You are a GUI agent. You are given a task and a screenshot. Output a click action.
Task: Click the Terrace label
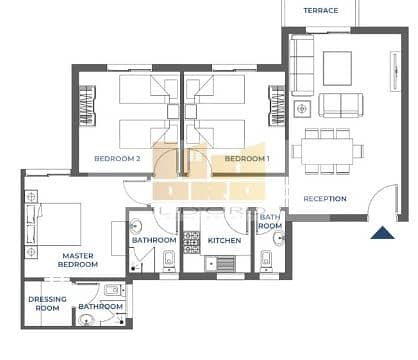click(321, 11)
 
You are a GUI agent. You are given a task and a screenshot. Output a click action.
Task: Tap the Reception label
click(325, 199)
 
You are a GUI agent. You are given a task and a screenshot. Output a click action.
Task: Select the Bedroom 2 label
click(117, 159)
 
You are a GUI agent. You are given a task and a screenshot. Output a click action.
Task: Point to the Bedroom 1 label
click(247, 159)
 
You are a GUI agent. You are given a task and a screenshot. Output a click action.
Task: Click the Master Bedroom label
click(78, 260)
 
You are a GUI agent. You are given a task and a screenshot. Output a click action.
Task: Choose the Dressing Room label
click(47, 304)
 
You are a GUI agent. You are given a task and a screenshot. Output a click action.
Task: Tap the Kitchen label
click(224, 240)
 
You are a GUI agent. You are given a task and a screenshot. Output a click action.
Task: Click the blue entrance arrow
click(383, 233)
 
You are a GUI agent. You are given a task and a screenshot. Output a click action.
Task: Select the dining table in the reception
click(327, 151)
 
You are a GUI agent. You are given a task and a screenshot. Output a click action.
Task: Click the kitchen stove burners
click(192, 242)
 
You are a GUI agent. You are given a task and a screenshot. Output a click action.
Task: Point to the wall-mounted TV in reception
click(395, 71)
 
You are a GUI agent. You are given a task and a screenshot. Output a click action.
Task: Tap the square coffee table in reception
click(337, 69)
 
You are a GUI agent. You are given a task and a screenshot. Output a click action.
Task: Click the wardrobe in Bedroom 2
click(87, 105)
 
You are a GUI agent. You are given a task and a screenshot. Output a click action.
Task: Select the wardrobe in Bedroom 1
click(277, 105)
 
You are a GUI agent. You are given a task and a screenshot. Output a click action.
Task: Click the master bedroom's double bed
click(53, 224)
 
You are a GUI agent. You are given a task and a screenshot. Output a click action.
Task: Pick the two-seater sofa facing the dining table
click(341, 105)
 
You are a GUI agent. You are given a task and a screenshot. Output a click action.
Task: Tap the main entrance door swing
click(383, 200)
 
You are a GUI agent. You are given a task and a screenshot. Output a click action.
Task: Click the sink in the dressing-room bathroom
click(87, 320)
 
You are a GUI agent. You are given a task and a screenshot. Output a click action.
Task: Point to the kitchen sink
click(211, 263)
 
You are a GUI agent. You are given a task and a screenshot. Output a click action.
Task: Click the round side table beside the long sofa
click(302, 109)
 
